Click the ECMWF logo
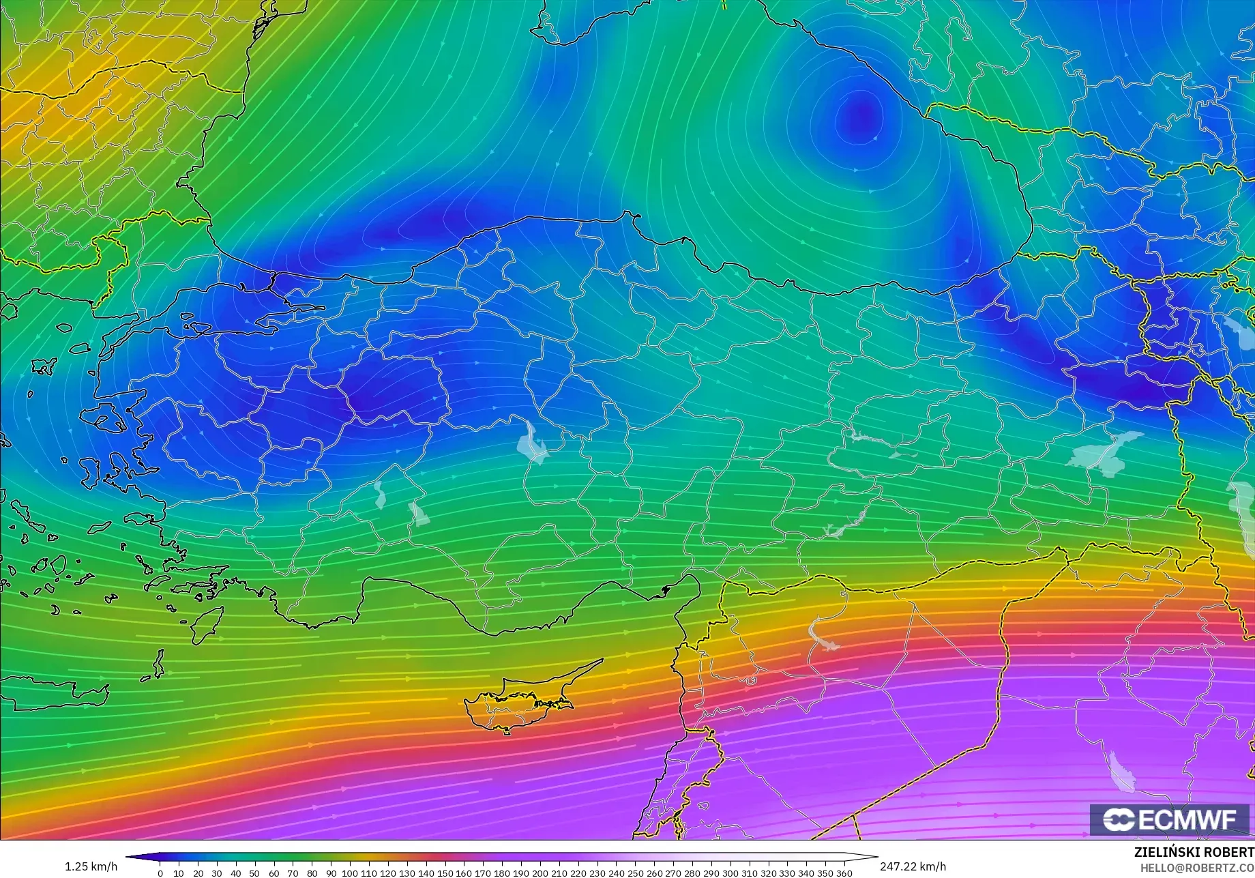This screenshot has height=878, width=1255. click(x=1169, y=819)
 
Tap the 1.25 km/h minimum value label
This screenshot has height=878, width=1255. click(x=91, y=866)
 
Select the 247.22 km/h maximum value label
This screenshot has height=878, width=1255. click(x=913, y=866)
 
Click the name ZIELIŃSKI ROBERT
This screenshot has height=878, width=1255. click(x=1194, y=853)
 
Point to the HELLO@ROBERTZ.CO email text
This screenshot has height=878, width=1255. click(x=1198, y=867)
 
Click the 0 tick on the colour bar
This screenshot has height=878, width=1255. click(x=160, y=873)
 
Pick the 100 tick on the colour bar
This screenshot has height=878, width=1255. click(x=349, y=873)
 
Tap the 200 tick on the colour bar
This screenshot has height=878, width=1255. click(x=540, y=873)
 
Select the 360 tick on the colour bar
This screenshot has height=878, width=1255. click(x=844, y=873)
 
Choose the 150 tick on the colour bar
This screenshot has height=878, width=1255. click(x=445, y=873)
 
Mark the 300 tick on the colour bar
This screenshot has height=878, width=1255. click(x=730, y=873)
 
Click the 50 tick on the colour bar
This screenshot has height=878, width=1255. click(x=254, y=873)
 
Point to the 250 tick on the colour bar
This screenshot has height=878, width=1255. click(x=635, y=873)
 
